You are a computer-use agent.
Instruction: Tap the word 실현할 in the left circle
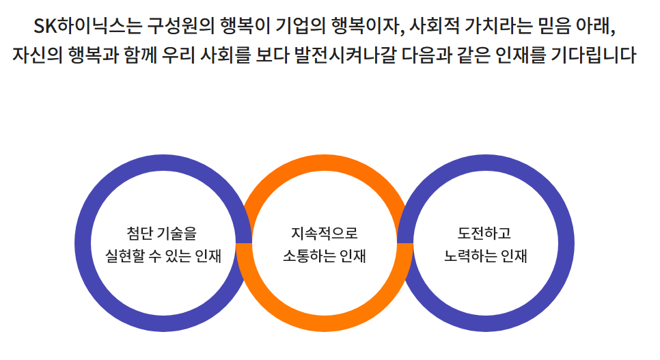(122, 257)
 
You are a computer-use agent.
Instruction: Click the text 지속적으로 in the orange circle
(324, 233)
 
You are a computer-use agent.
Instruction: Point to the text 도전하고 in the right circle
(485, 233)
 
